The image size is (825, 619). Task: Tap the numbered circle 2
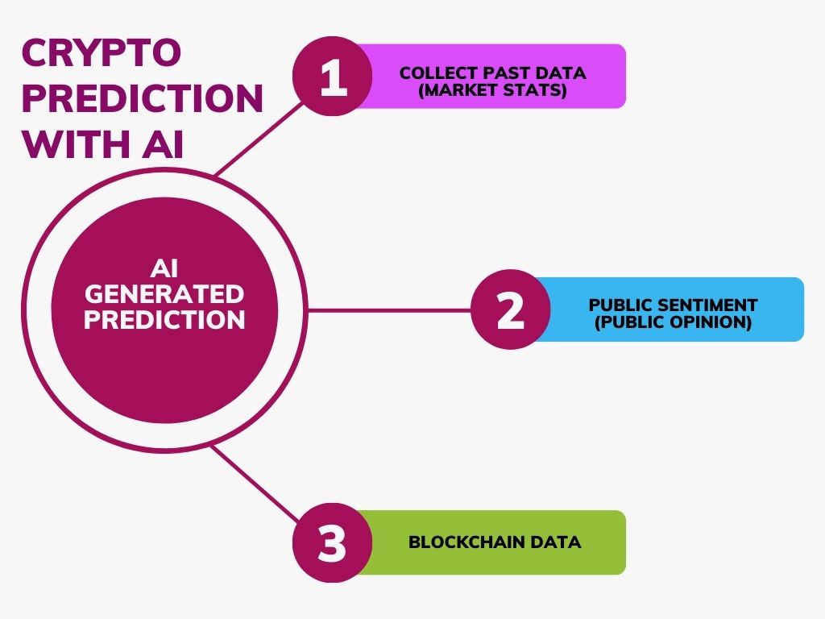511,310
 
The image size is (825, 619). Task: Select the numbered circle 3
332,542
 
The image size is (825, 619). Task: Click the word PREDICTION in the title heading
142,99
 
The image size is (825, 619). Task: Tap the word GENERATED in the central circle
164,293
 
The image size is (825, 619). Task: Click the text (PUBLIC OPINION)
673,322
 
